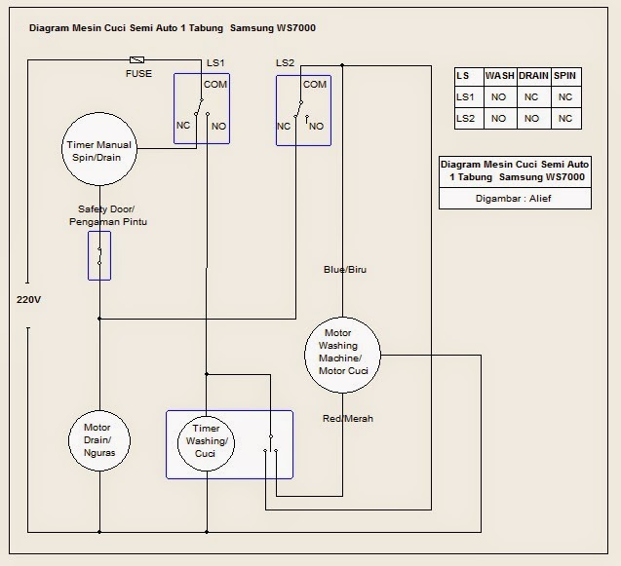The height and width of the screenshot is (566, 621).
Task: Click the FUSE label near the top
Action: point(138,74)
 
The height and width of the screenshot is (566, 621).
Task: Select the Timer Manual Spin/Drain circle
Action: point(100,151)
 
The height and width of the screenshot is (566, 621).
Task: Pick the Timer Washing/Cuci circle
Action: point(205,442)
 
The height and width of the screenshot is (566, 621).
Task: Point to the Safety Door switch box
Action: point(99,255)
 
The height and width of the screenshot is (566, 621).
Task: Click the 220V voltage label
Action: point(28,299)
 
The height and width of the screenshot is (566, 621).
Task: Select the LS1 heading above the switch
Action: point(215,62)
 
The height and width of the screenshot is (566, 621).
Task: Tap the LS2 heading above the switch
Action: point(285,62)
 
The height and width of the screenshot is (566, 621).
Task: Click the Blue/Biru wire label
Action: point(345,269)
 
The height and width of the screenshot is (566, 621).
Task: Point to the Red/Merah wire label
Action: point(348,418)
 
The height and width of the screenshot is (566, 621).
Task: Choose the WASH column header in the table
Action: point(499,75)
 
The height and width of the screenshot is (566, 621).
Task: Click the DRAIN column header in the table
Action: point(532,75)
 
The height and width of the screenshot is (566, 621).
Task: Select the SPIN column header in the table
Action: point(564,75)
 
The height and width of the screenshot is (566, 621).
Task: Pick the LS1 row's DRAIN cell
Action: point(532,96)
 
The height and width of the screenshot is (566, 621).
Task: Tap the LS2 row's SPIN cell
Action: point(564,118)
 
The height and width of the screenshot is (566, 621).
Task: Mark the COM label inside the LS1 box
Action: point(215,85)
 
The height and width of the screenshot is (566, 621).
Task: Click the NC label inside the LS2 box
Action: point(284,127)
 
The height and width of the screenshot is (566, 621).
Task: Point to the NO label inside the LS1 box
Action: point(218,127)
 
